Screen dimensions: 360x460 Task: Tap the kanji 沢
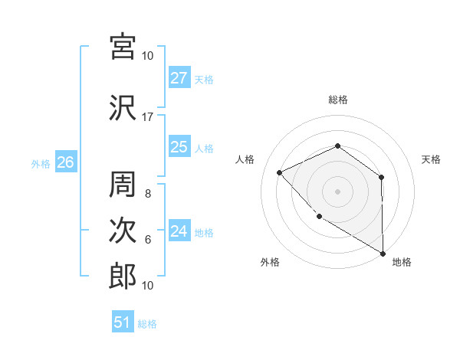point(123,108)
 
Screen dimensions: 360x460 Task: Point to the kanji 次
point(123,231)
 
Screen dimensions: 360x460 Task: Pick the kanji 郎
point(123,277)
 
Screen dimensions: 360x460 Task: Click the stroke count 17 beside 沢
point(148,117)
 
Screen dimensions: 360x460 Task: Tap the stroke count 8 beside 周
point(148,194)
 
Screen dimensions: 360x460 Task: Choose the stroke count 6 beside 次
point(148,240)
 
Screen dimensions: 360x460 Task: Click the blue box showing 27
point(179,78)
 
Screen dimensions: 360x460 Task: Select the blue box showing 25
point(179,147)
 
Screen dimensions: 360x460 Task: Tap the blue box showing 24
point(179,231)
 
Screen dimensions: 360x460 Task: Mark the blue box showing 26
point(66,162)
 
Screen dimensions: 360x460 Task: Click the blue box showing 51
point(123,322)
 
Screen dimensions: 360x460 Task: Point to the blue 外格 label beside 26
point(41,163)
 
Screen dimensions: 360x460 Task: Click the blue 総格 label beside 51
point(147,324)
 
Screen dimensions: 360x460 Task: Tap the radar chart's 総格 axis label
point(337,100)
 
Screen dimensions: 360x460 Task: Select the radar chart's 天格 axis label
point(431,159)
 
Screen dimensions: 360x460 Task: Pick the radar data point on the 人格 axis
point(281,172)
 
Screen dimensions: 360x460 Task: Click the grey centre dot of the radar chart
point(337,191)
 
